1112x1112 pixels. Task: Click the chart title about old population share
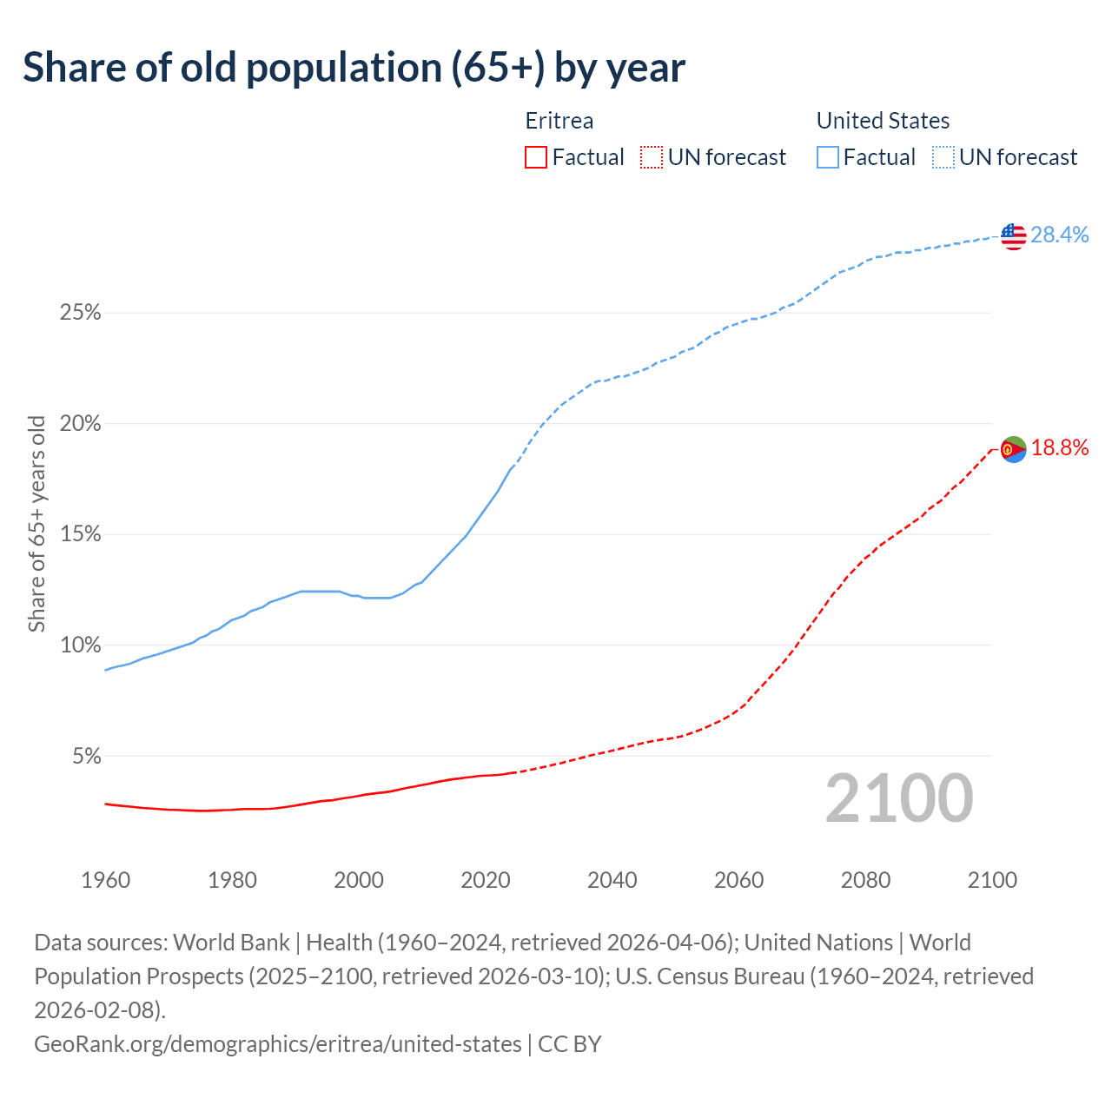coord(354,68)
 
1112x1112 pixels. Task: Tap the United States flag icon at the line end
coord(1014,235)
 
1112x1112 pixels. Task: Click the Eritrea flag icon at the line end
coord(1014,449)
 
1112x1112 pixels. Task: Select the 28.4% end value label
coord(1060,235)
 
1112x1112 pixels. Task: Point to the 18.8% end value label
coord(1060,448)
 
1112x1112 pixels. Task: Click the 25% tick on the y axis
coord(81,313)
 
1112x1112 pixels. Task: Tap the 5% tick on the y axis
coord(86,757)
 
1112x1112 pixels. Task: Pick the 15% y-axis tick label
coord(81,534)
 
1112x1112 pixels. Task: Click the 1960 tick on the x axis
coord(106,880)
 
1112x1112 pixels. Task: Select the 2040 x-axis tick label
coord(612,880)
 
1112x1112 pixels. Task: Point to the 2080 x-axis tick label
coord(865,880)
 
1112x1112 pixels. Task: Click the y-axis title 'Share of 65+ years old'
coord(37,524)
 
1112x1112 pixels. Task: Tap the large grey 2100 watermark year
coord(899,798)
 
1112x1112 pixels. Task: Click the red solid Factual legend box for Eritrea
coord(536,157)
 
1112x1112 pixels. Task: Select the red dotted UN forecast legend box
coord(652,157)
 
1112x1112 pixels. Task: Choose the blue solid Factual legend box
coord(828,157)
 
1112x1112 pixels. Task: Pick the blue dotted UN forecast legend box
coord(943,157)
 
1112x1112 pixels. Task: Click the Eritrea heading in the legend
coord(559,121)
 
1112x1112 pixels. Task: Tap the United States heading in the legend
coord(883,121)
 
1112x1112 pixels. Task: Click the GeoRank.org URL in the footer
coord(278,1043)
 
